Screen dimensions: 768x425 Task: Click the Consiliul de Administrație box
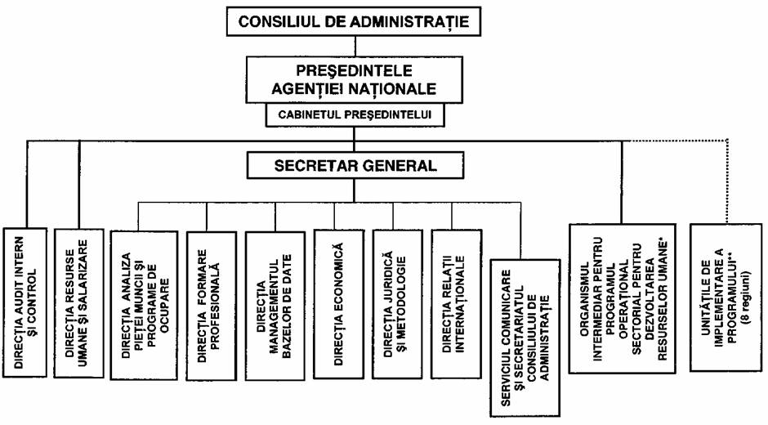pyautogui.click(x=353, y=21)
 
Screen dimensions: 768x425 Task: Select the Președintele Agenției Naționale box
pyautogui.click(x=354, y=79)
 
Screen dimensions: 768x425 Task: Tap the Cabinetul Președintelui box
pyautogui.click(x=355, y=114)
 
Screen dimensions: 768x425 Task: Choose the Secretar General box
pyautogui.click(x=355, y=165)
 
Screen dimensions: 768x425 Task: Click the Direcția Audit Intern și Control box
pyautogui.click(x=25, y=302)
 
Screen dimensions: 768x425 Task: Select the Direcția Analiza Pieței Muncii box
pyautogui.click(x=144, y=305)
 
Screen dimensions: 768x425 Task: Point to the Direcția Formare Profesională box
pyautogui.click(x=211, y=306)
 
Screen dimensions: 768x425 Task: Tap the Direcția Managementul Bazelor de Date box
pyautogui.click(x=275, y=306)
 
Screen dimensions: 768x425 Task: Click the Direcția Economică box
pyautogui.click(x=338, y=304)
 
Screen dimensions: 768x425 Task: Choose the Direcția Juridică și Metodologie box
pyautogui.click(x=397, y=304)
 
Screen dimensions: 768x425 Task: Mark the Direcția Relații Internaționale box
pyautogui.click(x=456, y=304)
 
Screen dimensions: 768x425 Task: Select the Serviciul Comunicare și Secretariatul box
pyautogui.click(x=525, y=338)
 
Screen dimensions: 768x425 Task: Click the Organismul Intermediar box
pyautogui.click(x=622, y=298)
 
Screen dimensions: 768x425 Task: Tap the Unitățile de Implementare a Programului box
pyautogui.click(x=726, y=297)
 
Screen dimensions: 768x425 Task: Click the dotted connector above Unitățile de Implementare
pyautogui.click(x=727, y=181)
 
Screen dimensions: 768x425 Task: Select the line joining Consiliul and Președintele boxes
pyautogui.click(x=355, y=46)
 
